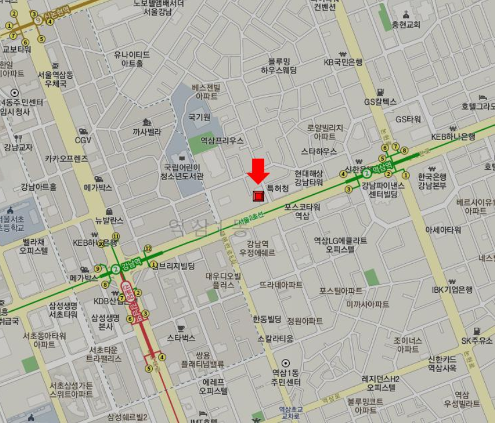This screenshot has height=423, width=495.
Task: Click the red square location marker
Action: click(258, 196)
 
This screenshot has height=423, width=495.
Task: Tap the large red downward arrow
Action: click(258, 170)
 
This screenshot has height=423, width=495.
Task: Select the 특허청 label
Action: click(278, 187)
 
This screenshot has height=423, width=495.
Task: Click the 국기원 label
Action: click(199, 117)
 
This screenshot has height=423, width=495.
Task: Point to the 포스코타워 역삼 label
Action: click(302, 211)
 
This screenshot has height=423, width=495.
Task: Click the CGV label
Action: click(83, 140)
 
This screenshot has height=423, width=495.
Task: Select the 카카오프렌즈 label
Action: click(66, 159)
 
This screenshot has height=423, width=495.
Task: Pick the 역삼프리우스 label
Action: click(222, 140)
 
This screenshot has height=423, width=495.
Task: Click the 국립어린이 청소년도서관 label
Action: click(183, 172)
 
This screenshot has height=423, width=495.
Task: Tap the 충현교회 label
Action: click(406, 25)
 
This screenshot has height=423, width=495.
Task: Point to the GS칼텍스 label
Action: click(380, 102)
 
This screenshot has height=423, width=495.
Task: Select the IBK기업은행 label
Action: click(452, 289)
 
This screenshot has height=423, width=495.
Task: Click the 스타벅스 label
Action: click(180, 338)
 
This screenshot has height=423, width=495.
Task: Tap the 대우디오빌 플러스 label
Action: click(223, 281)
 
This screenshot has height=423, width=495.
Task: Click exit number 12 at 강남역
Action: click(148, 248)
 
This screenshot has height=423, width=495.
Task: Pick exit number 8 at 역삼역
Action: click(404, 150)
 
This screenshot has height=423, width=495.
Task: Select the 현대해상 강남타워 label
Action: click(308, 178)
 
